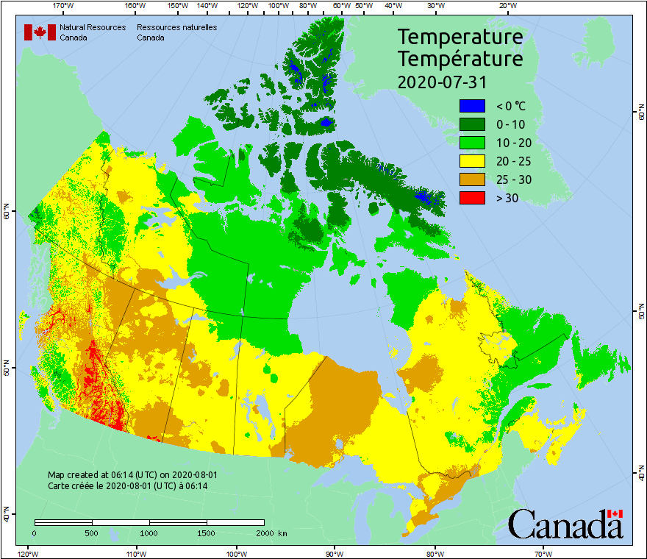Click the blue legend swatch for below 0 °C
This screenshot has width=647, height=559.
pos(472,106)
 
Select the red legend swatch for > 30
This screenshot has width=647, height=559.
pos(472,198)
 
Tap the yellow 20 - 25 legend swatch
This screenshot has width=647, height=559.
pos(472,161)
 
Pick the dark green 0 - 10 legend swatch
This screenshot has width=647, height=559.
pos(472,124)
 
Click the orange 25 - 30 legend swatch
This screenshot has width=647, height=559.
pos(472,179)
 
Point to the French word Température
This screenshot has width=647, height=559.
pos(460,58)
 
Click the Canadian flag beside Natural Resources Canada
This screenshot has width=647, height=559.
pos(40,32)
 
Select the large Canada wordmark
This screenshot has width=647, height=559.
pos(565,524)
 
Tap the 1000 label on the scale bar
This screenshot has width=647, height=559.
pos(149,533)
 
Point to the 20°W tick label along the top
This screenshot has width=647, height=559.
pos(506,5)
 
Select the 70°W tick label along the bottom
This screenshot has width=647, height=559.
pos(543,553)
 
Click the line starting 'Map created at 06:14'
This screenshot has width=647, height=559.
pos(132,475)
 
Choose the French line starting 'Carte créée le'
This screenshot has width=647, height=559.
pos(127,485)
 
